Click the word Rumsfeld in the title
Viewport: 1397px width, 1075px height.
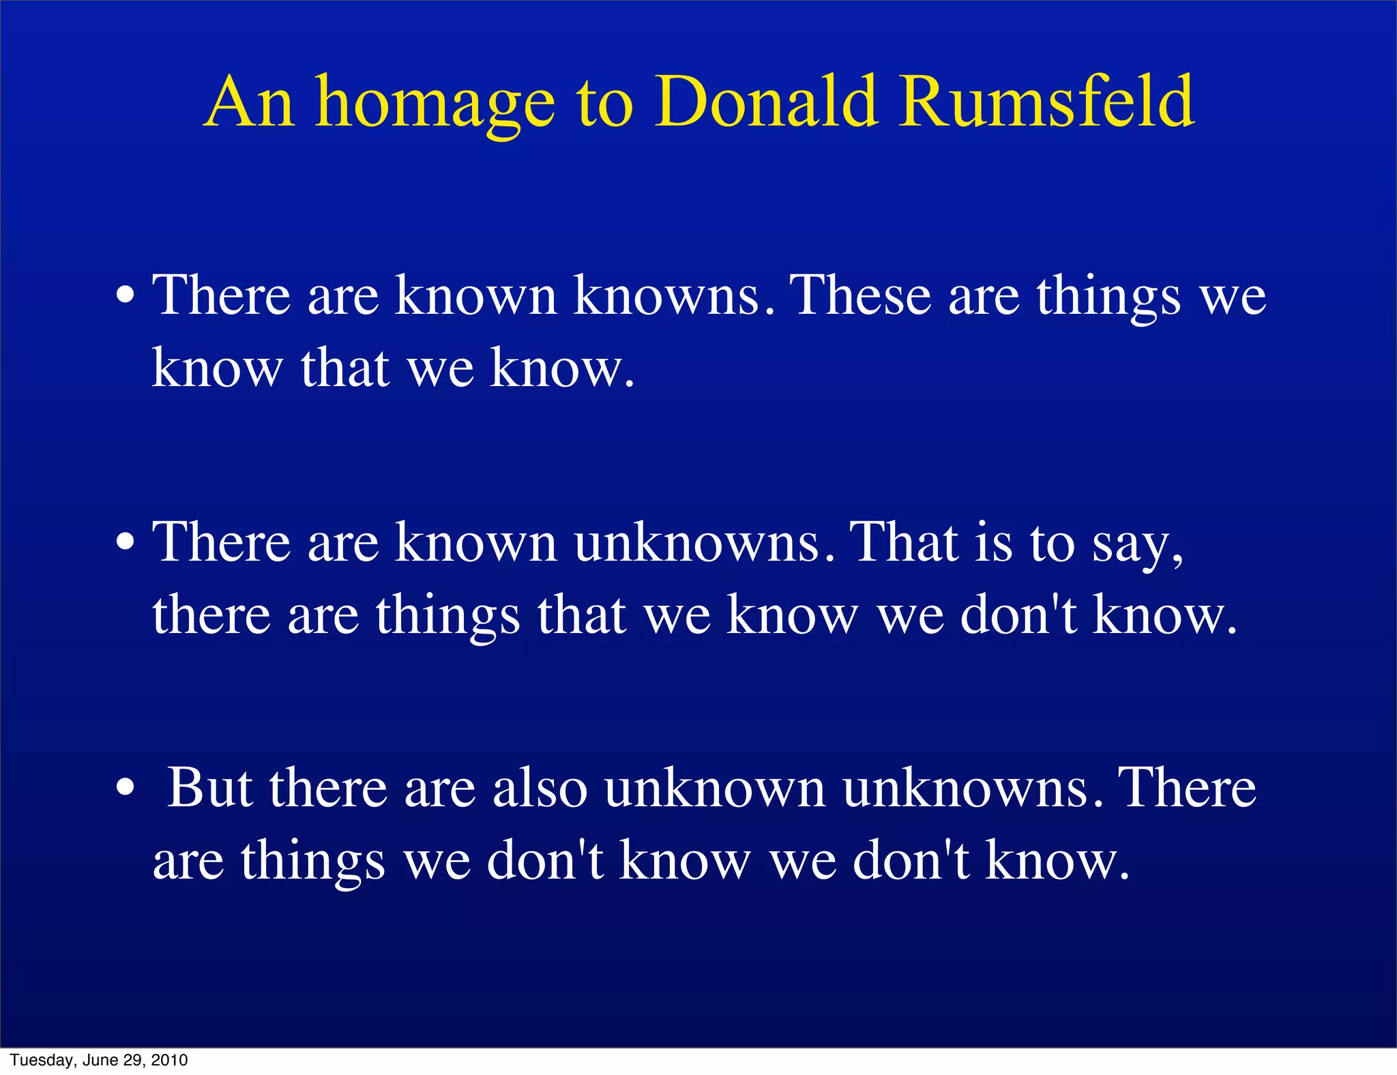click(x=1046, y=102)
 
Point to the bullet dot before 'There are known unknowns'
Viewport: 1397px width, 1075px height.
click(x=125, y=542)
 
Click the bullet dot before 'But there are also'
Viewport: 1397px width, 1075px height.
click(x=125, y=789)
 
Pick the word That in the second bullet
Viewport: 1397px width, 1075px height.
click(x=905, y=542)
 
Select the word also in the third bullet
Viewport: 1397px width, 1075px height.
click(x=539, y=789)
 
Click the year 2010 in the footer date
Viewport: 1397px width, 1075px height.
click(x=169, y=1060)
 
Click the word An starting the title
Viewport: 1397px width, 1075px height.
click(x=250, y=102)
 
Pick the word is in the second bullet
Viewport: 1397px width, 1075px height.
click(x=993, y=542)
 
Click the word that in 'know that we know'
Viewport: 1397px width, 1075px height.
click(x=345, y=368)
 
